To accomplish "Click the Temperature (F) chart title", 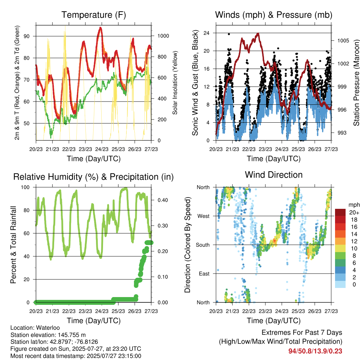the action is [x=94, y=15].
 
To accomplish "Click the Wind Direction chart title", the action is [x=274, y=175].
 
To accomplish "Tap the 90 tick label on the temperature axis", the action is [x=27, y=36].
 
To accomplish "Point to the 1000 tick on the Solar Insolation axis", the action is [x=163, y=36].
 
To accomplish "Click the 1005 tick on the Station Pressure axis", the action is [x=343, y=41].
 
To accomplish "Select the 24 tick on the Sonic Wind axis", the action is [x=206, y=33].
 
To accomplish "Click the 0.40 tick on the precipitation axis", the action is [x=163, y=200].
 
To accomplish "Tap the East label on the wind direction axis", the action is [x=204, y=274].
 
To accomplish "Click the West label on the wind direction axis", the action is [x=204, y=216].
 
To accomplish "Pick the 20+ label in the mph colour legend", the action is [x=354, y=212].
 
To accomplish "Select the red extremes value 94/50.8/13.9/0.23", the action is [x=315, y=351].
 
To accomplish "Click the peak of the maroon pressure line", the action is [x=258, y=33].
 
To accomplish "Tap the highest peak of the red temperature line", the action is [x=100, y=28].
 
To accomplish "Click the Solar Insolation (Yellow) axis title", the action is [x=175, y=83].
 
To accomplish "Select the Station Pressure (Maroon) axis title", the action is [x=356, y=83].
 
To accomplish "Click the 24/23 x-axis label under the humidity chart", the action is [x=102, y=311].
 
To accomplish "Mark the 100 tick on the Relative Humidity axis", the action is [x=25, y=187].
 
